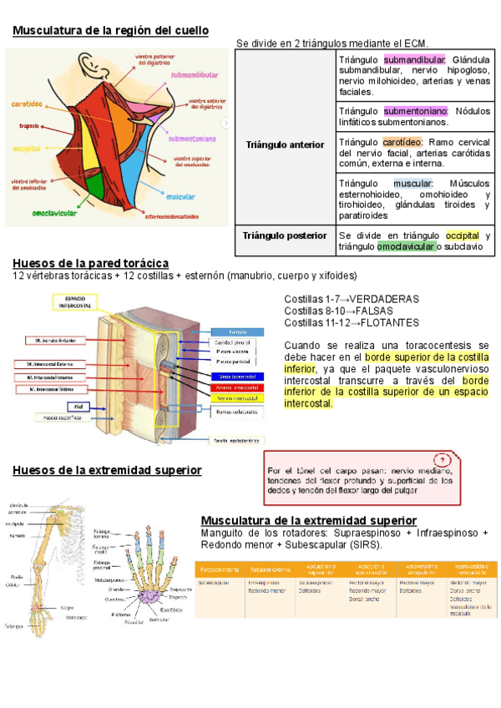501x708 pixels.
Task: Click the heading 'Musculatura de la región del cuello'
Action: tap(110, 31)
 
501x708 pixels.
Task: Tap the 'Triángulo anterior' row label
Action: tap(285, 144)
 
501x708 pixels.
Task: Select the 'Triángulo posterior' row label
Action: tap(285, 235)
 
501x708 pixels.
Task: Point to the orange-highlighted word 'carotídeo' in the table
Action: tap(402, 142)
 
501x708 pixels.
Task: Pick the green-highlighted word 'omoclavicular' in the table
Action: tap(406, 246)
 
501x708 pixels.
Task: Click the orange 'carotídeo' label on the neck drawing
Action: tap(28, 104)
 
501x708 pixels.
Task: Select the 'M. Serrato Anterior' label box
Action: tap(48, 340)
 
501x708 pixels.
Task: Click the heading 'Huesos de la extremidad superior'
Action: tap(107, 470)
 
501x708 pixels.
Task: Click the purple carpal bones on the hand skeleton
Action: tap(151, 595)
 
